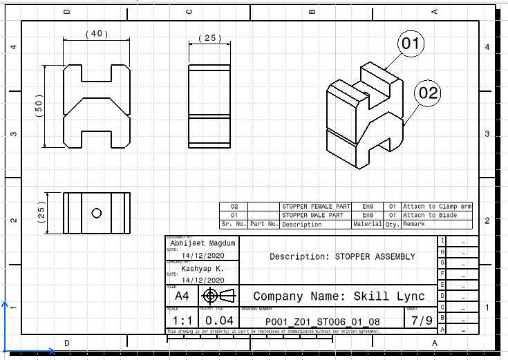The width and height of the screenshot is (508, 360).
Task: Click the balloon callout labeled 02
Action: point(429,93)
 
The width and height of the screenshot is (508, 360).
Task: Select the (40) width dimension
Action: point(97,34)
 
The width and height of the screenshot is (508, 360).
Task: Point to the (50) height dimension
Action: point(39,106)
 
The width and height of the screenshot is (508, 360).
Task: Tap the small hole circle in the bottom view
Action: point(97,212)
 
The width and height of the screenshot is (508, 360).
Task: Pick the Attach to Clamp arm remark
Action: point(438,207)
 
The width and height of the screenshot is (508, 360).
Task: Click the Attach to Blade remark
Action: point(429,216)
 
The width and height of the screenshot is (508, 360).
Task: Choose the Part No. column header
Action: point(264,225)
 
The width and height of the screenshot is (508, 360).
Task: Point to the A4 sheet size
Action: point(180,296)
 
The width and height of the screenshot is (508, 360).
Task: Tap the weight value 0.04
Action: point(220,321)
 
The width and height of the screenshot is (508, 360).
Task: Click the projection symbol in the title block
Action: point(218,296)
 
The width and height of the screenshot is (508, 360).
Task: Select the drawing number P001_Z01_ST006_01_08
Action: point(323,322)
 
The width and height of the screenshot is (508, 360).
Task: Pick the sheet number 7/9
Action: point(422,321)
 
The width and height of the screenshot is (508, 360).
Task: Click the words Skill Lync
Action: point(393,296)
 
